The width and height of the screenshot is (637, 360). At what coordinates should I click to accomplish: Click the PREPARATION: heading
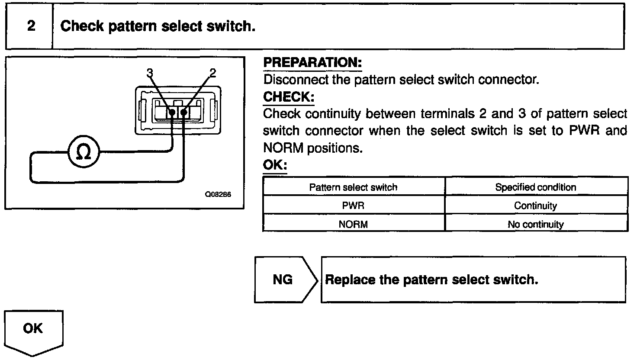312,63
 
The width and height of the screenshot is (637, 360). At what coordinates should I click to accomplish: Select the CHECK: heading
288,97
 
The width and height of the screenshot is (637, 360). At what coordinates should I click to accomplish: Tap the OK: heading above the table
275,165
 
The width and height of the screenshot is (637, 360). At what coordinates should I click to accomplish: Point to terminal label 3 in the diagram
150,73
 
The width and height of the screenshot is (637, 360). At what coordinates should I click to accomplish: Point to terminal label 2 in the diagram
212,73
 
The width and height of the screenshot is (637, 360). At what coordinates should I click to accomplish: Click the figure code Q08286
218,195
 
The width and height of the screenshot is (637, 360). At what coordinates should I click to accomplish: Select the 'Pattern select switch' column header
353,187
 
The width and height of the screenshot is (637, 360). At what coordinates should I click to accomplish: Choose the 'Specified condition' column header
535,187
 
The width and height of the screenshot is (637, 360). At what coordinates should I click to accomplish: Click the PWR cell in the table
353,206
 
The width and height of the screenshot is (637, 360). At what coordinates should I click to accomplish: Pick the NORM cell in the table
353,224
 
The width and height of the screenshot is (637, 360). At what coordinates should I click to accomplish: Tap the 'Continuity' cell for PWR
535,206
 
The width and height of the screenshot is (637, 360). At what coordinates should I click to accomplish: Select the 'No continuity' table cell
535,224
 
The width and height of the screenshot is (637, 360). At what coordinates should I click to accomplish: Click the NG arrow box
283,280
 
